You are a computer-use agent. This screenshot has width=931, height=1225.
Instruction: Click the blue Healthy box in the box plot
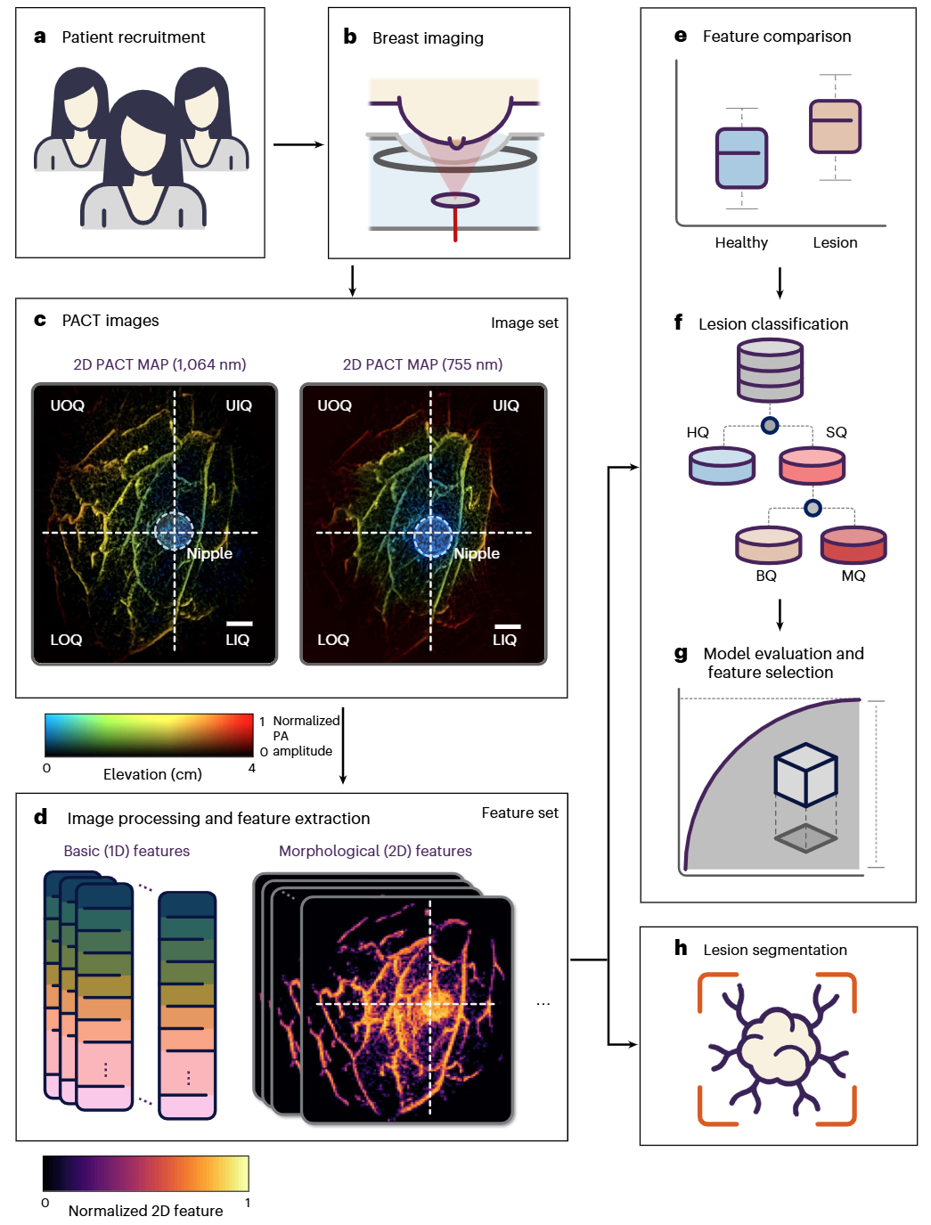tap(741, 158)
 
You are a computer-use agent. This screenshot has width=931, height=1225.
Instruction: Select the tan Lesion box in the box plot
tap(835, 127)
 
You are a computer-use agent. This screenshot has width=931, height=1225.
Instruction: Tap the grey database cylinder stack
tap(770, 372)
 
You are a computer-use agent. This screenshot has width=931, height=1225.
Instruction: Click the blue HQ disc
tap(722, 465)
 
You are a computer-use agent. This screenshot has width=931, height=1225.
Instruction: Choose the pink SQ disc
tap(812, 465)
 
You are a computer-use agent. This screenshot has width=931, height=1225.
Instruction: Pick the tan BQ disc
tap(768, 544)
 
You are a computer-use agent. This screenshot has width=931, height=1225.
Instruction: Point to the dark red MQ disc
tap(853, 544)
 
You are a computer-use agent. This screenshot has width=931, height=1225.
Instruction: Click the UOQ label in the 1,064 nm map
tap(68, 405)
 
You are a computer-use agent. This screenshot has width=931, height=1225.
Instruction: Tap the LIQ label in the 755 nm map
tap(504, 640)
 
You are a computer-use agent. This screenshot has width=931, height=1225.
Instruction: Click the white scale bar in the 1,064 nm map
tap(239, 624)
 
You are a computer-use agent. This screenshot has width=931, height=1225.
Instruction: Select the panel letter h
tap(681, 948)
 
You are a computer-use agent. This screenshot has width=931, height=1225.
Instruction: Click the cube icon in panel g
tap(805, 774)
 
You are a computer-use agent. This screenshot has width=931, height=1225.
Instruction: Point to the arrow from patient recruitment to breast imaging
tap(298, 144)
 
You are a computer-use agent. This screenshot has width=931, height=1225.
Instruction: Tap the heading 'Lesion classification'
tap(772, 324)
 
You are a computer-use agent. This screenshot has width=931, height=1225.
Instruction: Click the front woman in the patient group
tap(143, 160)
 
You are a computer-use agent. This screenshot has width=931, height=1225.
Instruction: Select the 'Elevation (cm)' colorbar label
tap(152, 774)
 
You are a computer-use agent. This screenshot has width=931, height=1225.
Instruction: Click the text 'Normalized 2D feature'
tap(145, 1211)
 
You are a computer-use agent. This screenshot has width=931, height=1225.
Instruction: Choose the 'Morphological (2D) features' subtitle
tap(375, 851)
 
